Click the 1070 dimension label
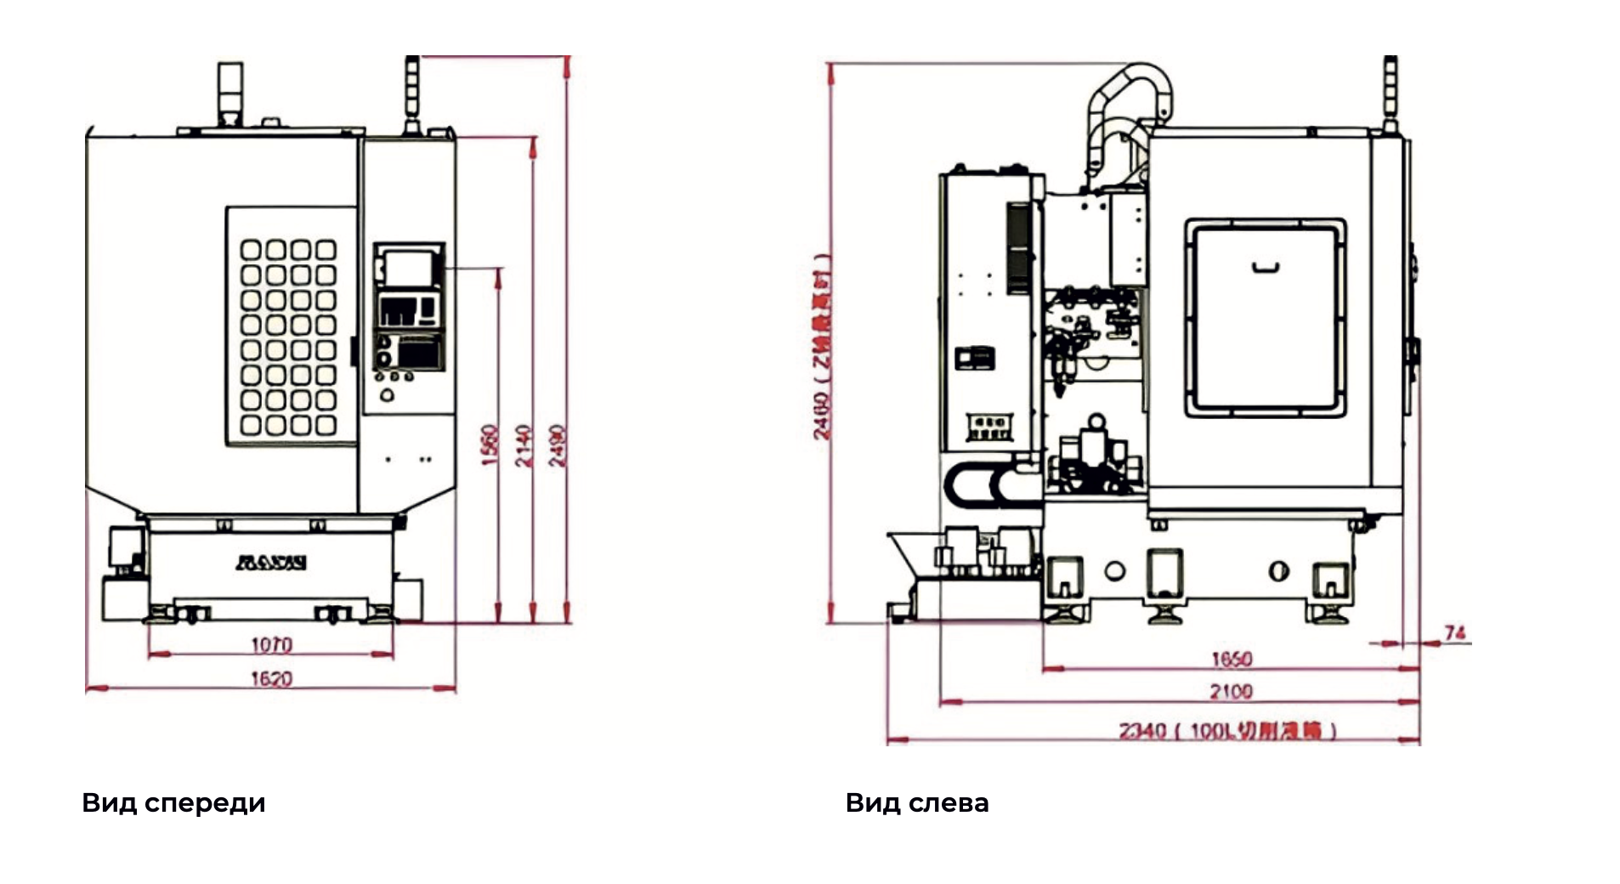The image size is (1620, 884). pyautogui.click(x=271, y=645)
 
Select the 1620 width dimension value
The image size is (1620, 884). pyautogui.click(x=271, y=678)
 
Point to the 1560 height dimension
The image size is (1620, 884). pyautogui.click(x=490, y=444)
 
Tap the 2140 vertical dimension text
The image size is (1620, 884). pyautogui.click(x=524, y=445)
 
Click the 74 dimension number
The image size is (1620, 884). pyautogui.click(x=1454, y=633)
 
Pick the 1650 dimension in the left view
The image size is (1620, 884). pyautogui.click(x=1231, y=660)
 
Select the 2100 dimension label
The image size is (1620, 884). pyautogui.click(x=1231, y=691)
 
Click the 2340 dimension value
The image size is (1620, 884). pyautogui.click(x=1142, y=730)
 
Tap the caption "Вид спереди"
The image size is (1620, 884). pyautogui.click(x=173, y=802)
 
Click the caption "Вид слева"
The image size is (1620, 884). pyautogui.click(x=916, y=802)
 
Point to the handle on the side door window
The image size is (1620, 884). pyautogui.click(x=1266, y=269)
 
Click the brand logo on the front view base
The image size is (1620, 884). pyautogui.click(x=271, y=562)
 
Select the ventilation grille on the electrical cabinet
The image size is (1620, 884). pyautogui.click(x=1018, y=247)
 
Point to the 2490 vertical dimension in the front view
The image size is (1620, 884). pyautogui.click(x=558, y=445)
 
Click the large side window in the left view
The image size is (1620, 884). pyautogui.click(x=1266, y=318)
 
